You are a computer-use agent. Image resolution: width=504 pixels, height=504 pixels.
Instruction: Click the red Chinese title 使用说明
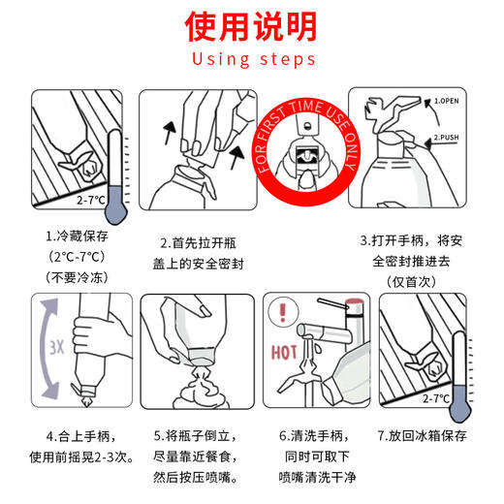coord(253,26)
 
